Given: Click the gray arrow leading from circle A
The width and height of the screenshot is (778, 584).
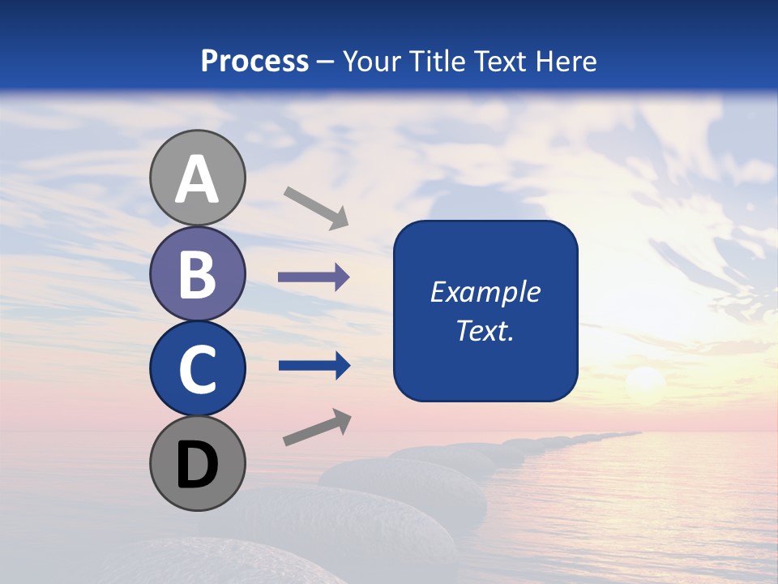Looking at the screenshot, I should pyautogui.click(x=315, y=207).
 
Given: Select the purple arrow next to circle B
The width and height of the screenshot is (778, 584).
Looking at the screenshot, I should pyautogui.click(x=314, y=277).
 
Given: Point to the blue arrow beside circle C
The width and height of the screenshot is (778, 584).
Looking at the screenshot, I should pyautogui.click(x=314, y=366).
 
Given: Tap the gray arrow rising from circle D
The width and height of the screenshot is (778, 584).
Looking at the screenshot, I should pyautogui.click(x=317, y=427).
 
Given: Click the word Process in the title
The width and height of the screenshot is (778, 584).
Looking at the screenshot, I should pyautogui.click(x=254, y=61).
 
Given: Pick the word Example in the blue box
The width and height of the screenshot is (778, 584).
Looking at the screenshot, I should pyautogui.click(x=485, y=292).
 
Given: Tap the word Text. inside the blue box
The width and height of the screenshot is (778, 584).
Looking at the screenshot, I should pyautogui.click(x=485, y=331).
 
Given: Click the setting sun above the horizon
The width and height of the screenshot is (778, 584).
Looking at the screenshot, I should pyautogui.click(x=646, y=380).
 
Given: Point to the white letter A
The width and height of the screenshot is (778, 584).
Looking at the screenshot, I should pyautogui.click(x=198, y=180).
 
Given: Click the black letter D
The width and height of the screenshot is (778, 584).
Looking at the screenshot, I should pyautogui.click(x=198, y=466).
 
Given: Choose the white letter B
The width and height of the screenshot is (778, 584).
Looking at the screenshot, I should pyautogui.click(x=198, y=274).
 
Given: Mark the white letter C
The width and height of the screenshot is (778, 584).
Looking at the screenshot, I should pyautogui.click(x=198, y=369).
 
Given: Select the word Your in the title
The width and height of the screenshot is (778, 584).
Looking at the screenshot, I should pyautogui.click(x=371, y=61).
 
